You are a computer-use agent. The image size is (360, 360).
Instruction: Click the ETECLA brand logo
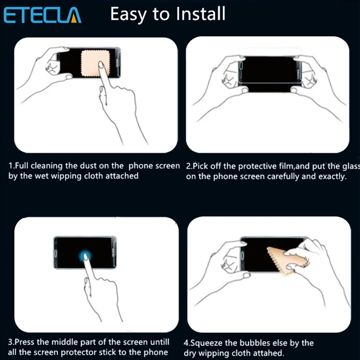pyautogui.click(x=42, y=15)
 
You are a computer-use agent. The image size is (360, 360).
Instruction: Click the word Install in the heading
pyautogui.click(x=201, y=13)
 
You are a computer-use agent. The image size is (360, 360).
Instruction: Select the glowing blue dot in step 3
pyautogui.click(x=85, y=256)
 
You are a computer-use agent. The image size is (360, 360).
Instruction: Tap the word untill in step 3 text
pyautogui.click(x=160, y=342)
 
